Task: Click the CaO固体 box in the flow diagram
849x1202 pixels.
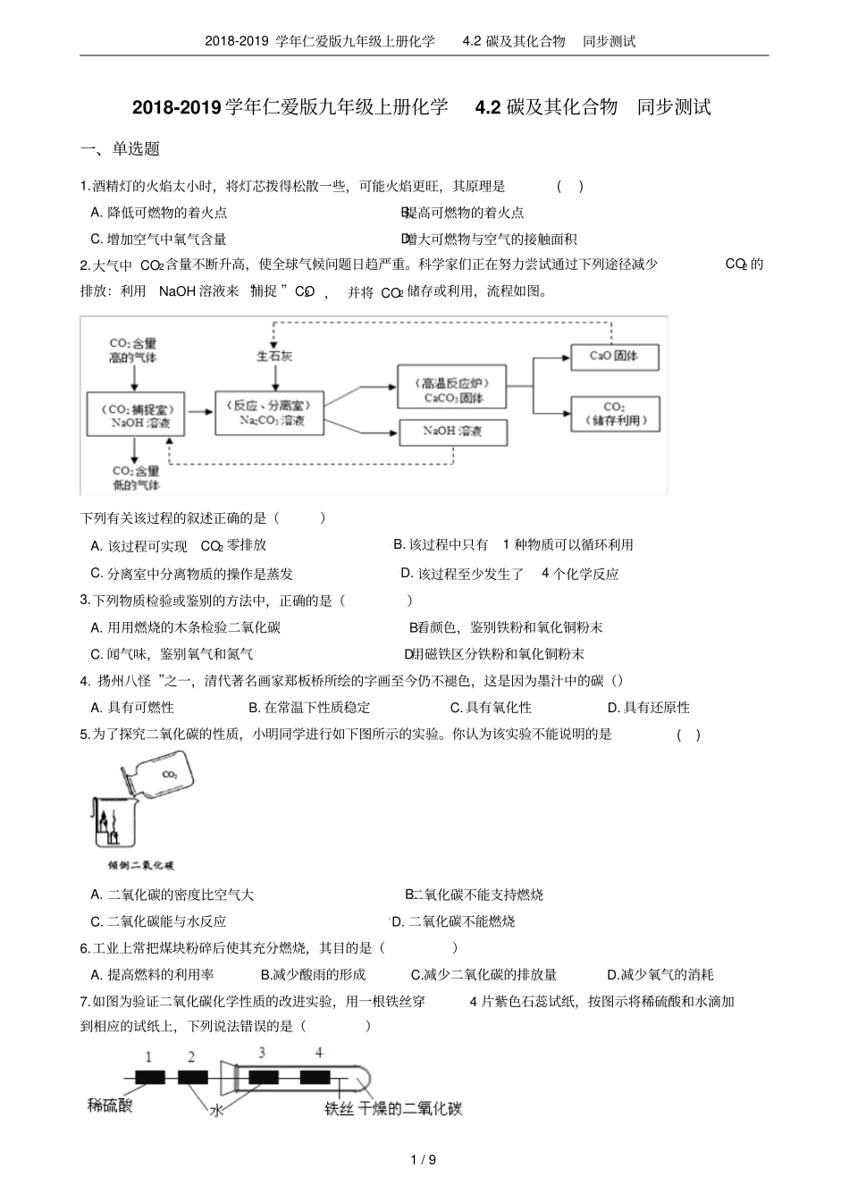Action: (614, 356)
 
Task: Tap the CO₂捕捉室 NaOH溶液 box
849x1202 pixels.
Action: (135, 413)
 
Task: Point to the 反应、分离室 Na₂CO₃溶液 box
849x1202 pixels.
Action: (268, 413)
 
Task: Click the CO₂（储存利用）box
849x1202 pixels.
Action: (615, 413)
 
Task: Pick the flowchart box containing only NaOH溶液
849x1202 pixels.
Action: (452, 432)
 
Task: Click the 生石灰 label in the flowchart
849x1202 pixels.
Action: (273, 356)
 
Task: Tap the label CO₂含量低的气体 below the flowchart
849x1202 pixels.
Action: (135, 478)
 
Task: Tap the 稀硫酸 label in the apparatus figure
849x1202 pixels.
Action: (110, 1105)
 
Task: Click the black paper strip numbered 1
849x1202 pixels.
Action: (150, 1077)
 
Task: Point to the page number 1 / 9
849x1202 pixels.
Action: (424, 1160)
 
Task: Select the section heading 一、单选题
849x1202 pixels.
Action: (120, 149)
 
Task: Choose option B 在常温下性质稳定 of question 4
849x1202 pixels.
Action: (309, 707)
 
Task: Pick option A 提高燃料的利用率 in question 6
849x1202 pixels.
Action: (153, 974)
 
